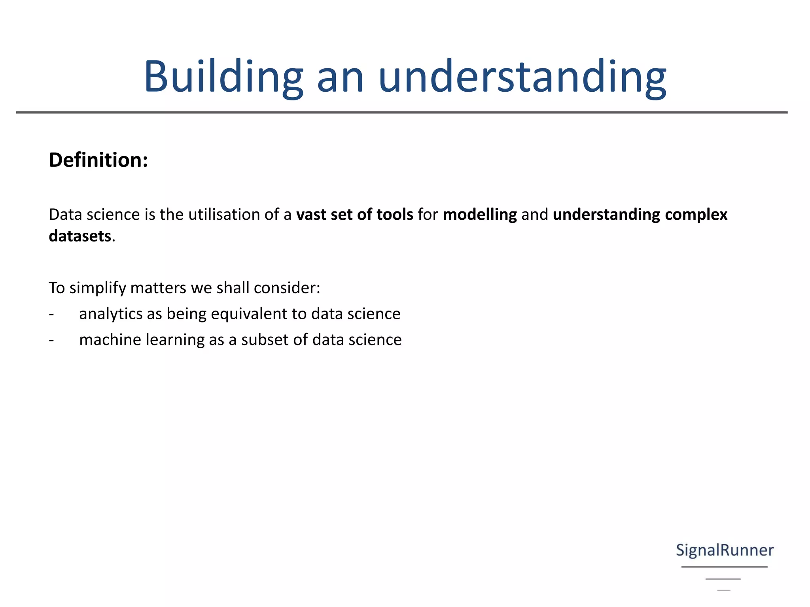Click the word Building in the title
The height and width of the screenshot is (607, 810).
coord(223,77)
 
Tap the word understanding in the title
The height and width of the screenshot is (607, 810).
coord(522,77)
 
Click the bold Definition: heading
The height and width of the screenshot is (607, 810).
coord(98,160)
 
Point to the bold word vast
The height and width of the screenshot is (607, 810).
coord(311,215)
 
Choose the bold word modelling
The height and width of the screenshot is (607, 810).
coord(480,215)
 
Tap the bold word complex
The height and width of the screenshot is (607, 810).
coord(696,215)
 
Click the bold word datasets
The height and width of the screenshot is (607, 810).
coord(80,236)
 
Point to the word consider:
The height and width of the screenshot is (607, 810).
coord(287,288)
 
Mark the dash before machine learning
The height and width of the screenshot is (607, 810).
coord(51,340)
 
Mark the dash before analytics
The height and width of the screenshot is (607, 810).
coord(51,314)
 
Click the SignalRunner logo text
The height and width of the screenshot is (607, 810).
coord(725,550)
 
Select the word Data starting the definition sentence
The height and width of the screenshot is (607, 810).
coord(65,215)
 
